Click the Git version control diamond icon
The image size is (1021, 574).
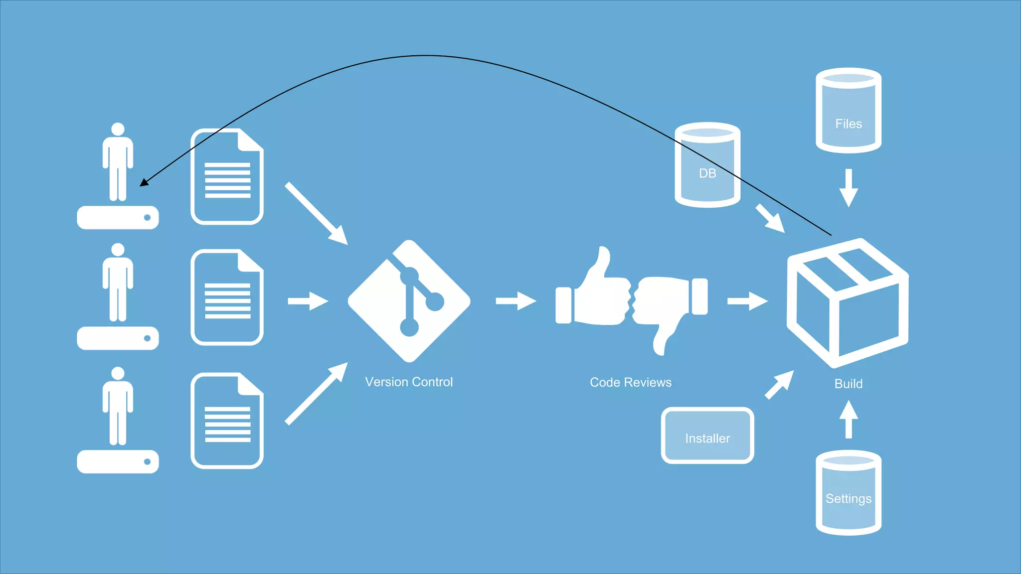pos(409,301)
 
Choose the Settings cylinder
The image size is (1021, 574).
pos(849,493)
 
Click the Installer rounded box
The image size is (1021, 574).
pos(707,436)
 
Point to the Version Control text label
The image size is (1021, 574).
pos(409,382)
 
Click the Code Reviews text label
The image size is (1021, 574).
pos(631,383)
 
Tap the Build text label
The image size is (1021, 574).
pos(849,384)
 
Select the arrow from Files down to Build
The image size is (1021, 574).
pos(849,188)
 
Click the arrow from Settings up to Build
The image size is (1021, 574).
pos(849,420)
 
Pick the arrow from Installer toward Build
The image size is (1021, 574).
pos(779,385)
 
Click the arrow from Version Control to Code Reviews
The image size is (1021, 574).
pos(516,301)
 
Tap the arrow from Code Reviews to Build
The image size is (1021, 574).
pos(747,301)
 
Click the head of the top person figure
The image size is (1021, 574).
pos(118,129)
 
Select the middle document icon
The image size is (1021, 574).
pos(227,297)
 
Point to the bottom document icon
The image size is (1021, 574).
pos(227,421)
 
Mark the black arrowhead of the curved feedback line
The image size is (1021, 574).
pos(144,182)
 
